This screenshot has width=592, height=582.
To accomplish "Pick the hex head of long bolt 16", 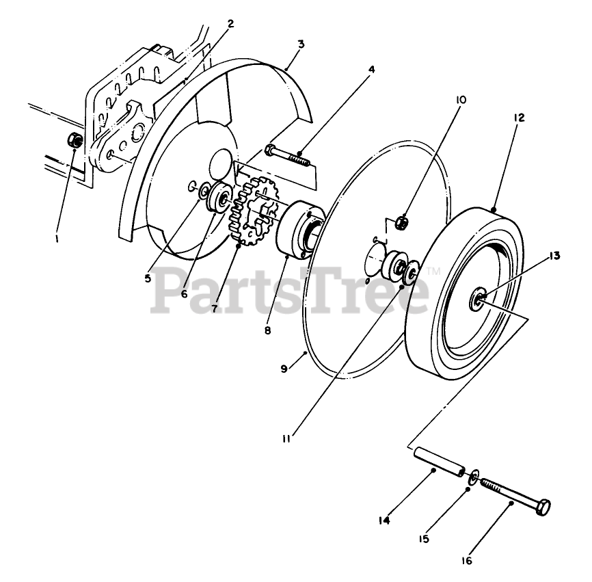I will click(x=544, y=507).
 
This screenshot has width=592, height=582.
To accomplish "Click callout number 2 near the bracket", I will click(x=230, y=23).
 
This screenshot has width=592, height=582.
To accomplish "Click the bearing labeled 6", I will click(x=223, y=200).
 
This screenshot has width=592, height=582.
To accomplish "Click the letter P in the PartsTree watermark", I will click(x=172, y=288).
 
